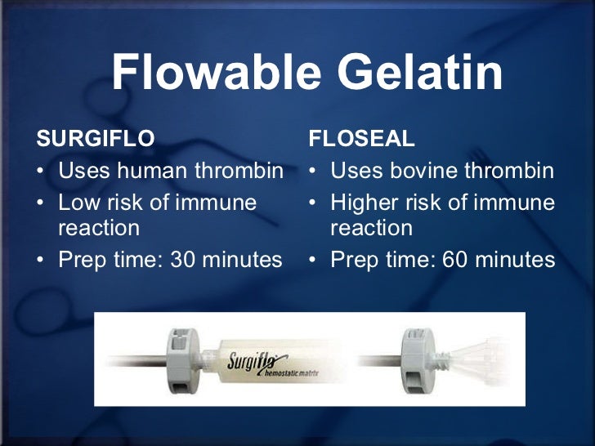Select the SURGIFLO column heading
tap(96, 139)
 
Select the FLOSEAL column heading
tap(362, 139)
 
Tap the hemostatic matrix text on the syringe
tap(290, 372)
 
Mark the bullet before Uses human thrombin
tap(42, 172)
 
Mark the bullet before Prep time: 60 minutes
tap(315, 261)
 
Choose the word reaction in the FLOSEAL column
tap(371, 228)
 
